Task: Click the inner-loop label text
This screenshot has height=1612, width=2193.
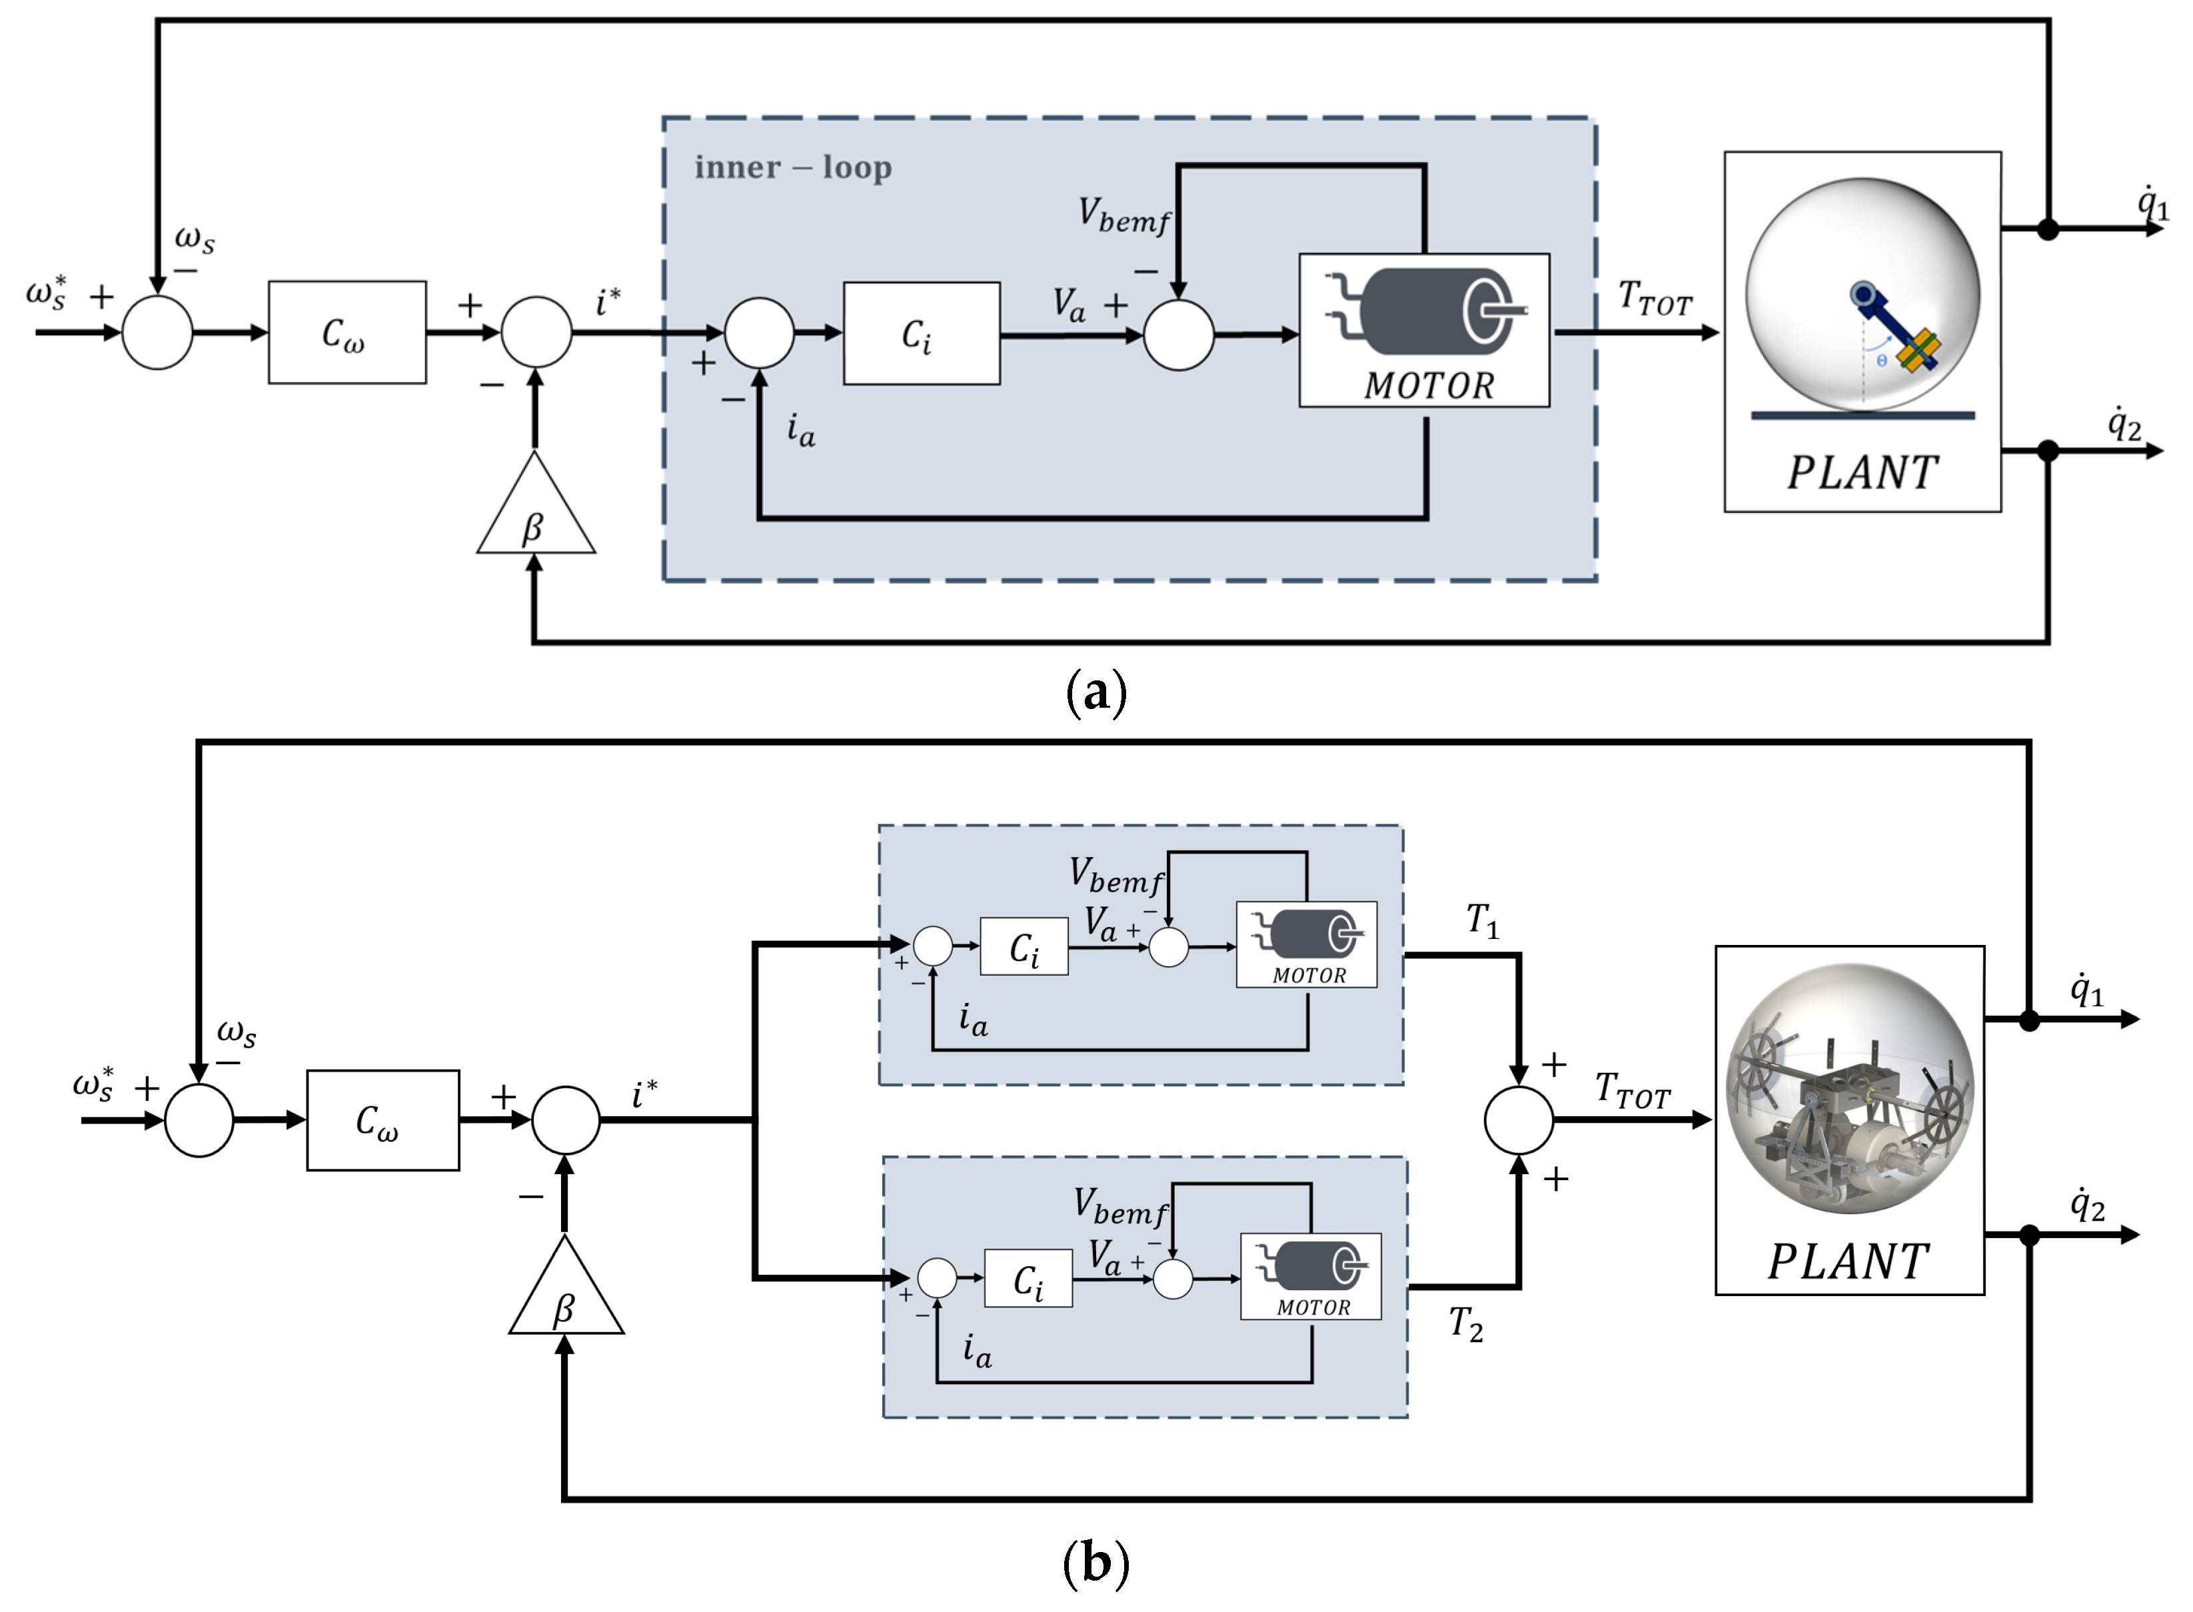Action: click(x=792, y=168)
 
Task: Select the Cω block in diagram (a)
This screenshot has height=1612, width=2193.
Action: click(x=347, y=333)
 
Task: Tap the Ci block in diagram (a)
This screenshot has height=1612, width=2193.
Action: click(x=921, y=334)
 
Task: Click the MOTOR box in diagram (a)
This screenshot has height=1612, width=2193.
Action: click(x=1423, y=330)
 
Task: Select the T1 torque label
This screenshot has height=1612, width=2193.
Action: click(x=1482, y=920)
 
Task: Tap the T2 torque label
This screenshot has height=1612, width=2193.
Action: click(x=1465, y=1324)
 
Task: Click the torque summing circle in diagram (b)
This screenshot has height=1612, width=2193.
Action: click(x=1518, y=1120)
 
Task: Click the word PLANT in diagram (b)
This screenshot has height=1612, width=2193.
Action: click(x=1848, y=1261)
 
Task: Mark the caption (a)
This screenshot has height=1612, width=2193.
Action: click(x=1097, y=693)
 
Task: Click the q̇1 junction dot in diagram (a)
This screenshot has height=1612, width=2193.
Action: click(x=2048, y=229)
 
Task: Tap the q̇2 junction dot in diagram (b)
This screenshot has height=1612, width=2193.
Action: click(x=2028, y=1235)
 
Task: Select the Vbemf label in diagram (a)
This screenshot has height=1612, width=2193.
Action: click(x=1123, y=216)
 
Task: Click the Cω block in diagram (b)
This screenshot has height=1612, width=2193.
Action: click(x=382, y=1120)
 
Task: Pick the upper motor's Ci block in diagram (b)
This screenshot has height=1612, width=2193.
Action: click(x=1024, y=946)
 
